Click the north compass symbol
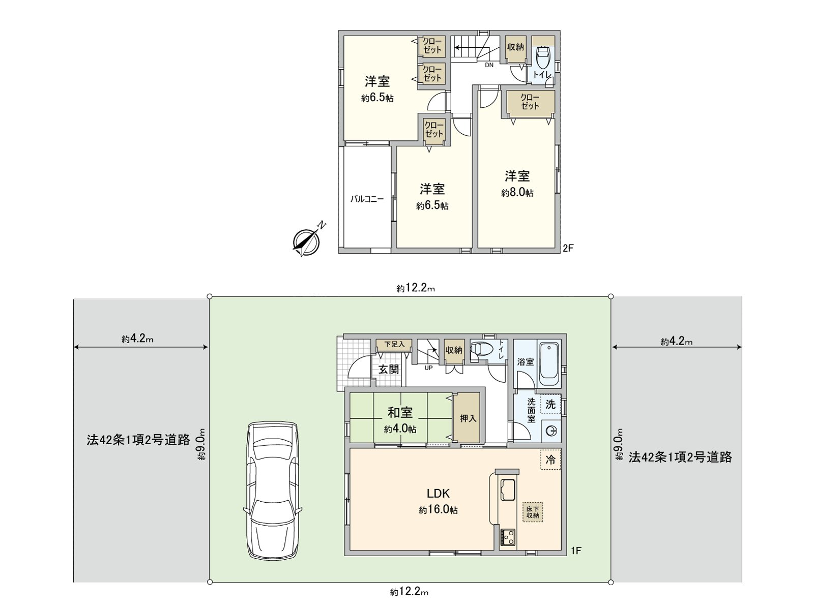coord(307,240)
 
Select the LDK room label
coord(438,493)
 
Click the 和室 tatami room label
coord(400,412)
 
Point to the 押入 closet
coord(468,418)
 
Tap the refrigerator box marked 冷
coord(550,460)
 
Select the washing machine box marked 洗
coord(550,405)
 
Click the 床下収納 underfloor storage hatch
coord(533,512)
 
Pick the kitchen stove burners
coord(508,537)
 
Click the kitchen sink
coord(508,489)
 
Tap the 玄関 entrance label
coord(389,369)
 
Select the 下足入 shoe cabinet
coord(394,345)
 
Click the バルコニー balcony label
coord(366,199)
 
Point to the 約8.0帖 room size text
coord(517,193)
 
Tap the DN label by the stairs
coord(489,65)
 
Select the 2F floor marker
coord(568,249)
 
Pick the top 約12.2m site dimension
coord(416,289)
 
